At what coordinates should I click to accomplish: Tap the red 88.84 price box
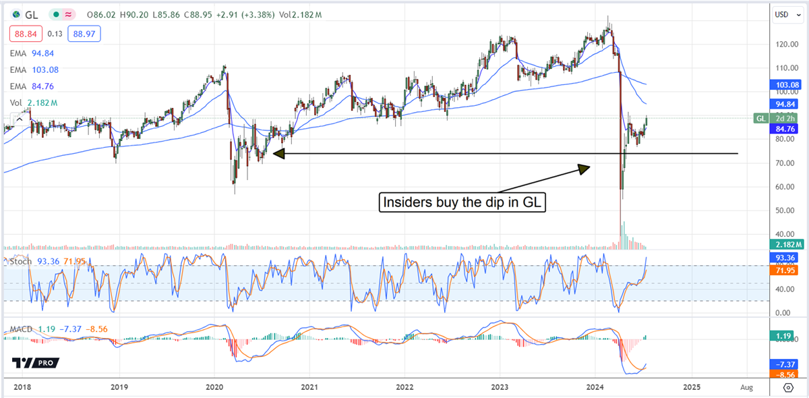pyautogui.click(x=22, y=34)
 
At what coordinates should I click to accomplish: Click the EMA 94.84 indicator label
pyautogui.click(x=32, y=54)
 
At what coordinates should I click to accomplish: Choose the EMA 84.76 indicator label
pyautogui.click(x=32, y=86)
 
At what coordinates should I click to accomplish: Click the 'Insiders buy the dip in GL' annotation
pyautogui.click(x=463, y=202)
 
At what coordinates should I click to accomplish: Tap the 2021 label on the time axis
pyautogui.click(x=309, y=387)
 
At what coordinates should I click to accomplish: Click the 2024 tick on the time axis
pyautogui.click(x=595, y=387)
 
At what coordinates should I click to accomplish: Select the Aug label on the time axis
pyautogui.click(x=746, y=387)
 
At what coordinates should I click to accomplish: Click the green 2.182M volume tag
pyautogui.click(x=787, y=244)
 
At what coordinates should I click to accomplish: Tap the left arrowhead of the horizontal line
pyautogui.click(x=278, y=154)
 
